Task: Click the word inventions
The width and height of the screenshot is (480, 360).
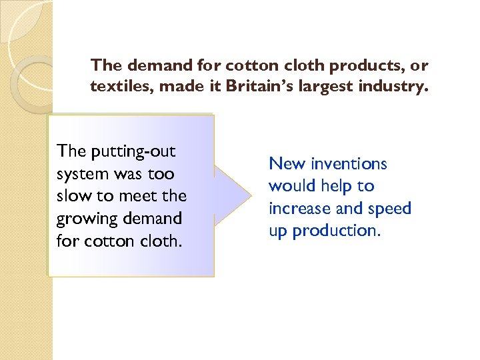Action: [347, 164]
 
